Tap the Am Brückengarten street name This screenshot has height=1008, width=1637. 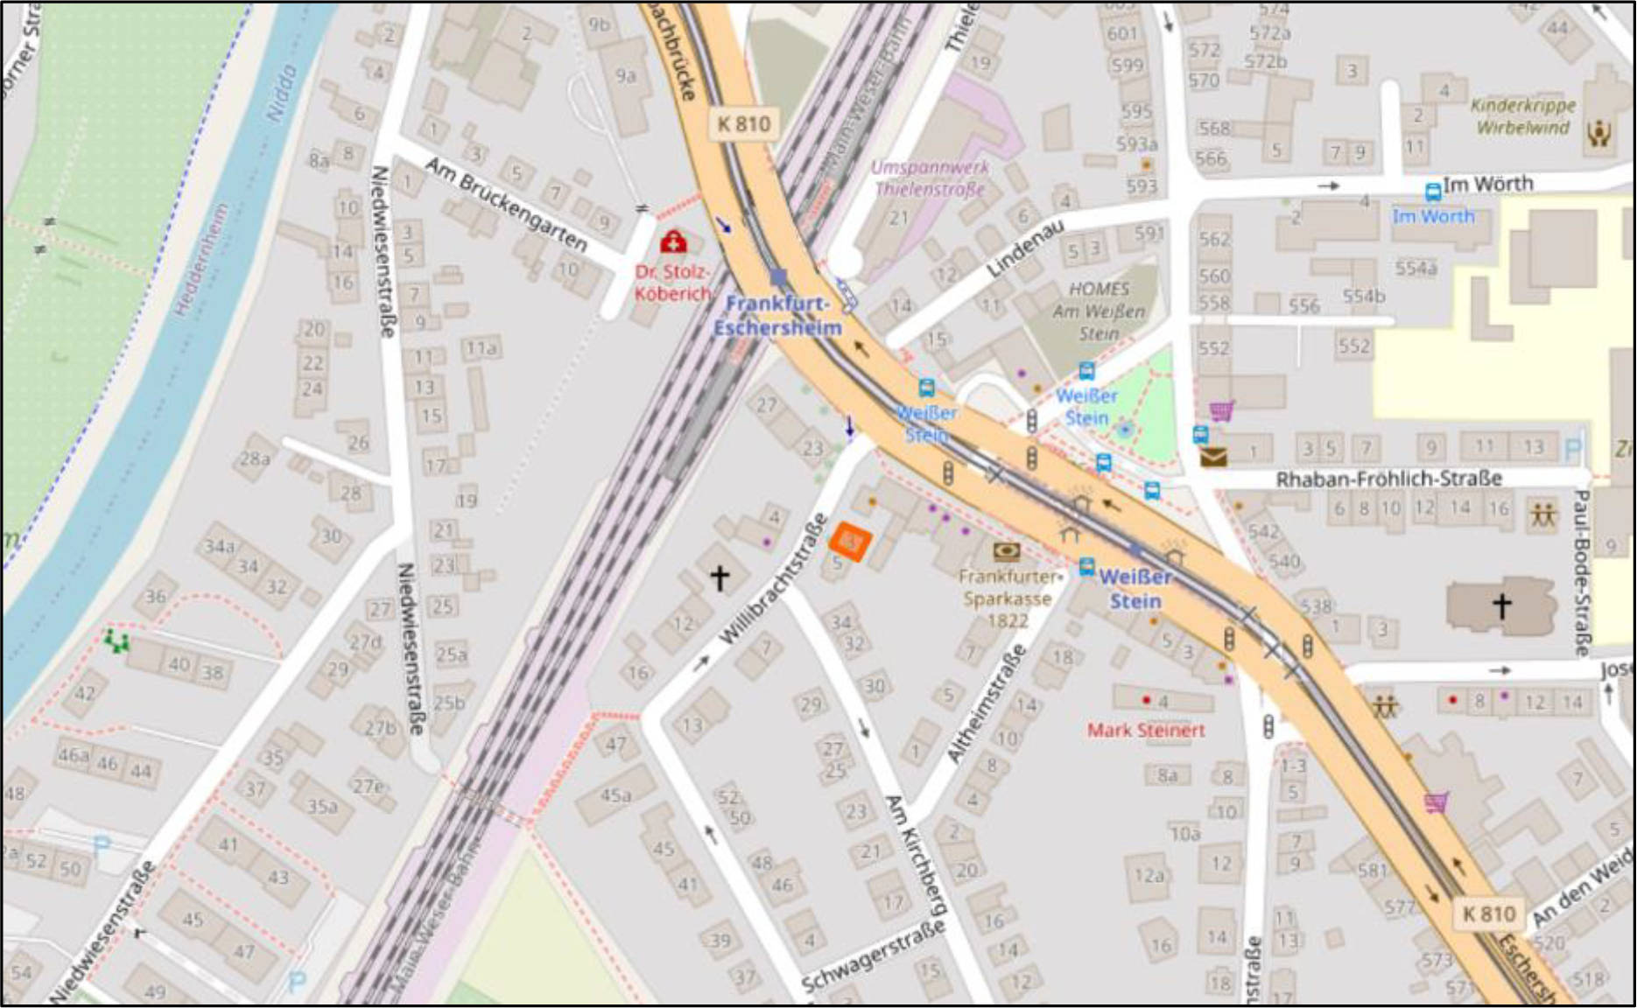(505, 203)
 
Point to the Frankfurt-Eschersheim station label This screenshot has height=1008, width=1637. (777, 316)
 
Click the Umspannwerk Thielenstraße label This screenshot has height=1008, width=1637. (930, 178)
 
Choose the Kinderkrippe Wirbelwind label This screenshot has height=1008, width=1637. (1523, 116)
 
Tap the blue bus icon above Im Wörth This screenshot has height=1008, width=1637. (1433, 192)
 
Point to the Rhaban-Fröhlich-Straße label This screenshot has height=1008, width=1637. (1388, 479)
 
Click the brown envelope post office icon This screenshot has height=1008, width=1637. (1212, 456)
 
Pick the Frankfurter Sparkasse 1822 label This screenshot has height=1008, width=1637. (1008, 598)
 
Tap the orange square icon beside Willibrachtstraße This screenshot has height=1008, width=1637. (850, 541)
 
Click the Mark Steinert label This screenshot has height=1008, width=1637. (1146, 730)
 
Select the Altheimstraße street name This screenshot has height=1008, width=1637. (986, 705)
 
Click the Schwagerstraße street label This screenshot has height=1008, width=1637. (874, 956)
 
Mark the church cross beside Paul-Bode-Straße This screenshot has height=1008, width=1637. (1502, 605)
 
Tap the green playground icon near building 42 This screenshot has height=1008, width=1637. (116, 641)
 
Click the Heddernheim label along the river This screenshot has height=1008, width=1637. (200, 260)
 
